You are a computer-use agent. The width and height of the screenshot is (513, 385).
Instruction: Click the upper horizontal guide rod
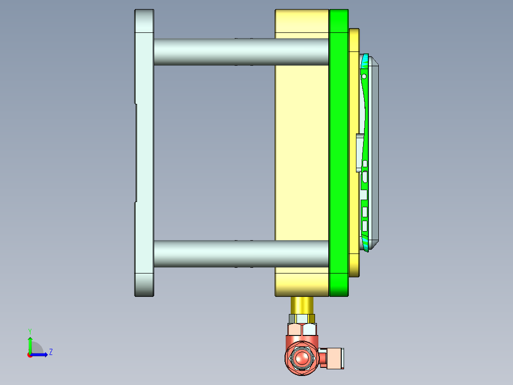[241, 52]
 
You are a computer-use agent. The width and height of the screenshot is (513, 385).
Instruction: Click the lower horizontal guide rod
[241, 253]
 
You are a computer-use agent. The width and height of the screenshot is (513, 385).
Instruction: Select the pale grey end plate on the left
[144, 153]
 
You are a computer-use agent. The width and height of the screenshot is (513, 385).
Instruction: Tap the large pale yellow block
[302, 153]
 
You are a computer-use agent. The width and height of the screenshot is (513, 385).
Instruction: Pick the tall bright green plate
[339, 153]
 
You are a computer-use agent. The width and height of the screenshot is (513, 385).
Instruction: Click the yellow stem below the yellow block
[302, 305]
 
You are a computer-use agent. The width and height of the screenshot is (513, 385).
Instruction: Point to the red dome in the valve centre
[302, 357]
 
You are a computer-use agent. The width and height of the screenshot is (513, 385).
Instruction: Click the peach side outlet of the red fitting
[335, 358]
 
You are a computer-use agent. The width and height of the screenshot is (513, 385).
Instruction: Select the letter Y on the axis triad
[30, 331]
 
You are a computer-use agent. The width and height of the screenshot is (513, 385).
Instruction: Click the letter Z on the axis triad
[51, 352]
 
